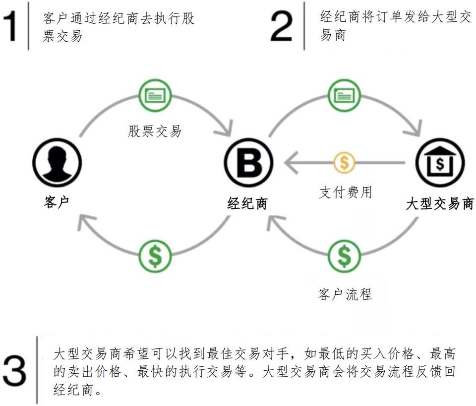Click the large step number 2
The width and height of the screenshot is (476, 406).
pyautogui.click(x=282, y=26)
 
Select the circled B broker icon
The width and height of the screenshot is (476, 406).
pyautogui.click(x=249, y=161)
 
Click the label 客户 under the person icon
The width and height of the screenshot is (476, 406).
pyautogui.click(x=56, y=202)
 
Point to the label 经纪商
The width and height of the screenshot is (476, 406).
pyautogui.click(x=248, y=203)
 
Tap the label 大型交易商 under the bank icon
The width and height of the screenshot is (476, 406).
pyautogui.click(x=440, y=203)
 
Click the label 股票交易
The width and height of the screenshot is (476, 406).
pyautogui.click(x=155, y=132)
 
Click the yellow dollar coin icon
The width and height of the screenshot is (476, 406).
pyautogui.click(x=345, y=161)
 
